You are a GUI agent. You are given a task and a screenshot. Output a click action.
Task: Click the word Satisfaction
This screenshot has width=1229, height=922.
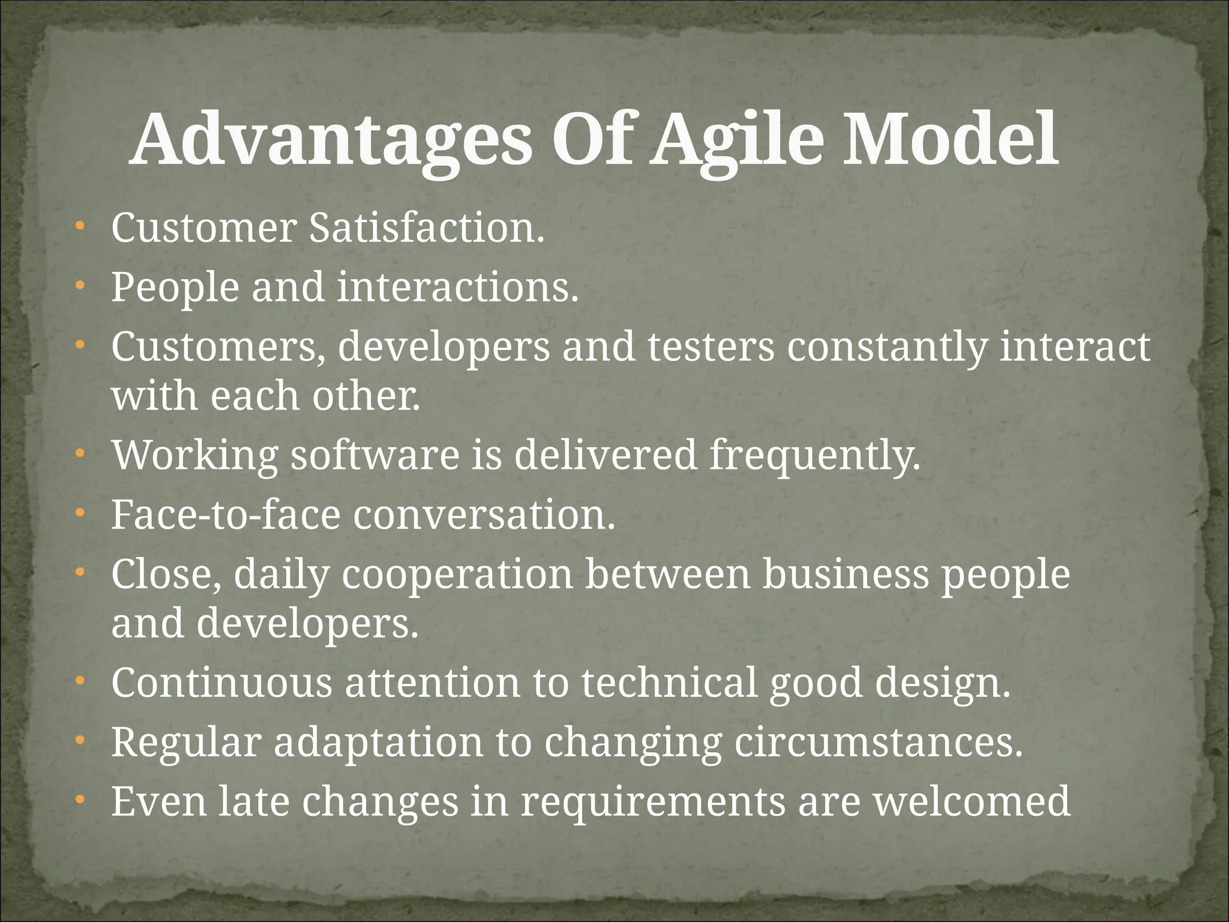pos(427,229)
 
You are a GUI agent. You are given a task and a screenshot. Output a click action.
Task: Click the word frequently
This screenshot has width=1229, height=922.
pos(815,456)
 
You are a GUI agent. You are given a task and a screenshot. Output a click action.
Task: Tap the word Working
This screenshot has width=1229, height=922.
pos(195,456)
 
